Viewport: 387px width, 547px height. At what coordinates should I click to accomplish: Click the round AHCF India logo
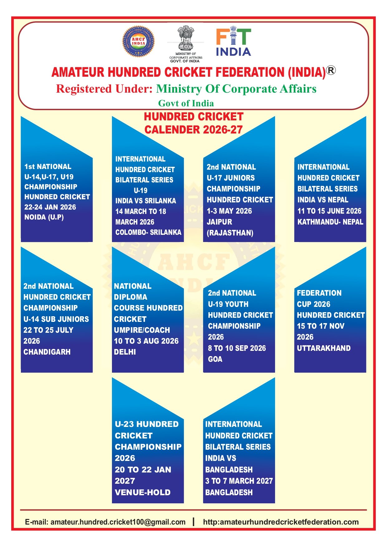138,41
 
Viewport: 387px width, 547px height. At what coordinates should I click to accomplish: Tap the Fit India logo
234,42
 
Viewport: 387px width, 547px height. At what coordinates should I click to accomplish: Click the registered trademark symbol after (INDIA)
331,70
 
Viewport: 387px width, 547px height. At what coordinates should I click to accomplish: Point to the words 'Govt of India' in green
186,103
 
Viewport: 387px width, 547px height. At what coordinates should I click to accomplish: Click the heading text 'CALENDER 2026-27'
193,130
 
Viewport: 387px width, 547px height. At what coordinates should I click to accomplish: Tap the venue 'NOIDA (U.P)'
44,217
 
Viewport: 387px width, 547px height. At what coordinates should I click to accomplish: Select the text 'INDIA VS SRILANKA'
146,201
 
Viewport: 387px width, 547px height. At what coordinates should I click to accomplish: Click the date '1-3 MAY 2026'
229,211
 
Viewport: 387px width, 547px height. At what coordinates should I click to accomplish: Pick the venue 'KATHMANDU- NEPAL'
330,222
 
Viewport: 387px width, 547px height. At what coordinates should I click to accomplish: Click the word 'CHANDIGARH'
47,352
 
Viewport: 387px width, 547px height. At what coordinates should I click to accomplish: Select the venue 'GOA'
215,359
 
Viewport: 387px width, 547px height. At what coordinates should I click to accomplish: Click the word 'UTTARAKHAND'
324,348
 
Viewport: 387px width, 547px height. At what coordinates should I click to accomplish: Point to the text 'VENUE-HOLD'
143,492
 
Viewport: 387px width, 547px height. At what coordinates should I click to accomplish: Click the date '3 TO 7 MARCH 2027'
239,481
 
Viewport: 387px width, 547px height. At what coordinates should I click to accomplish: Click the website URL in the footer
281,522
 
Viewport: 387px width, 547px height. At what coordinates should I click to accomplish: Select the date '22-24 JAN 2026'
50,207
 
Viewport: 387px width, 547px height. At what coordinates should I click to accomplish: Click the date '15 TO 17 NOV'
321,326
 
